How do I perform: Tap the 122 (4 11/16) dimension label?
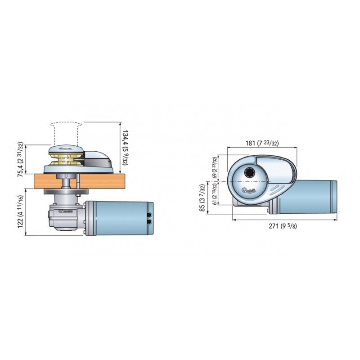(21, 212)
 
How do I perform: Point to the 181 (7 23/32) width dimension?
(261, 143)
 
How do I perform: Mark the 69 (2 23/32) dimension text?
(215, 168)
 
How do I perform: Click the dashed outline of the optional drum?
(66, 132)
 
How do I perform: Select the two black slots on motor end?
(149, 218)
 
